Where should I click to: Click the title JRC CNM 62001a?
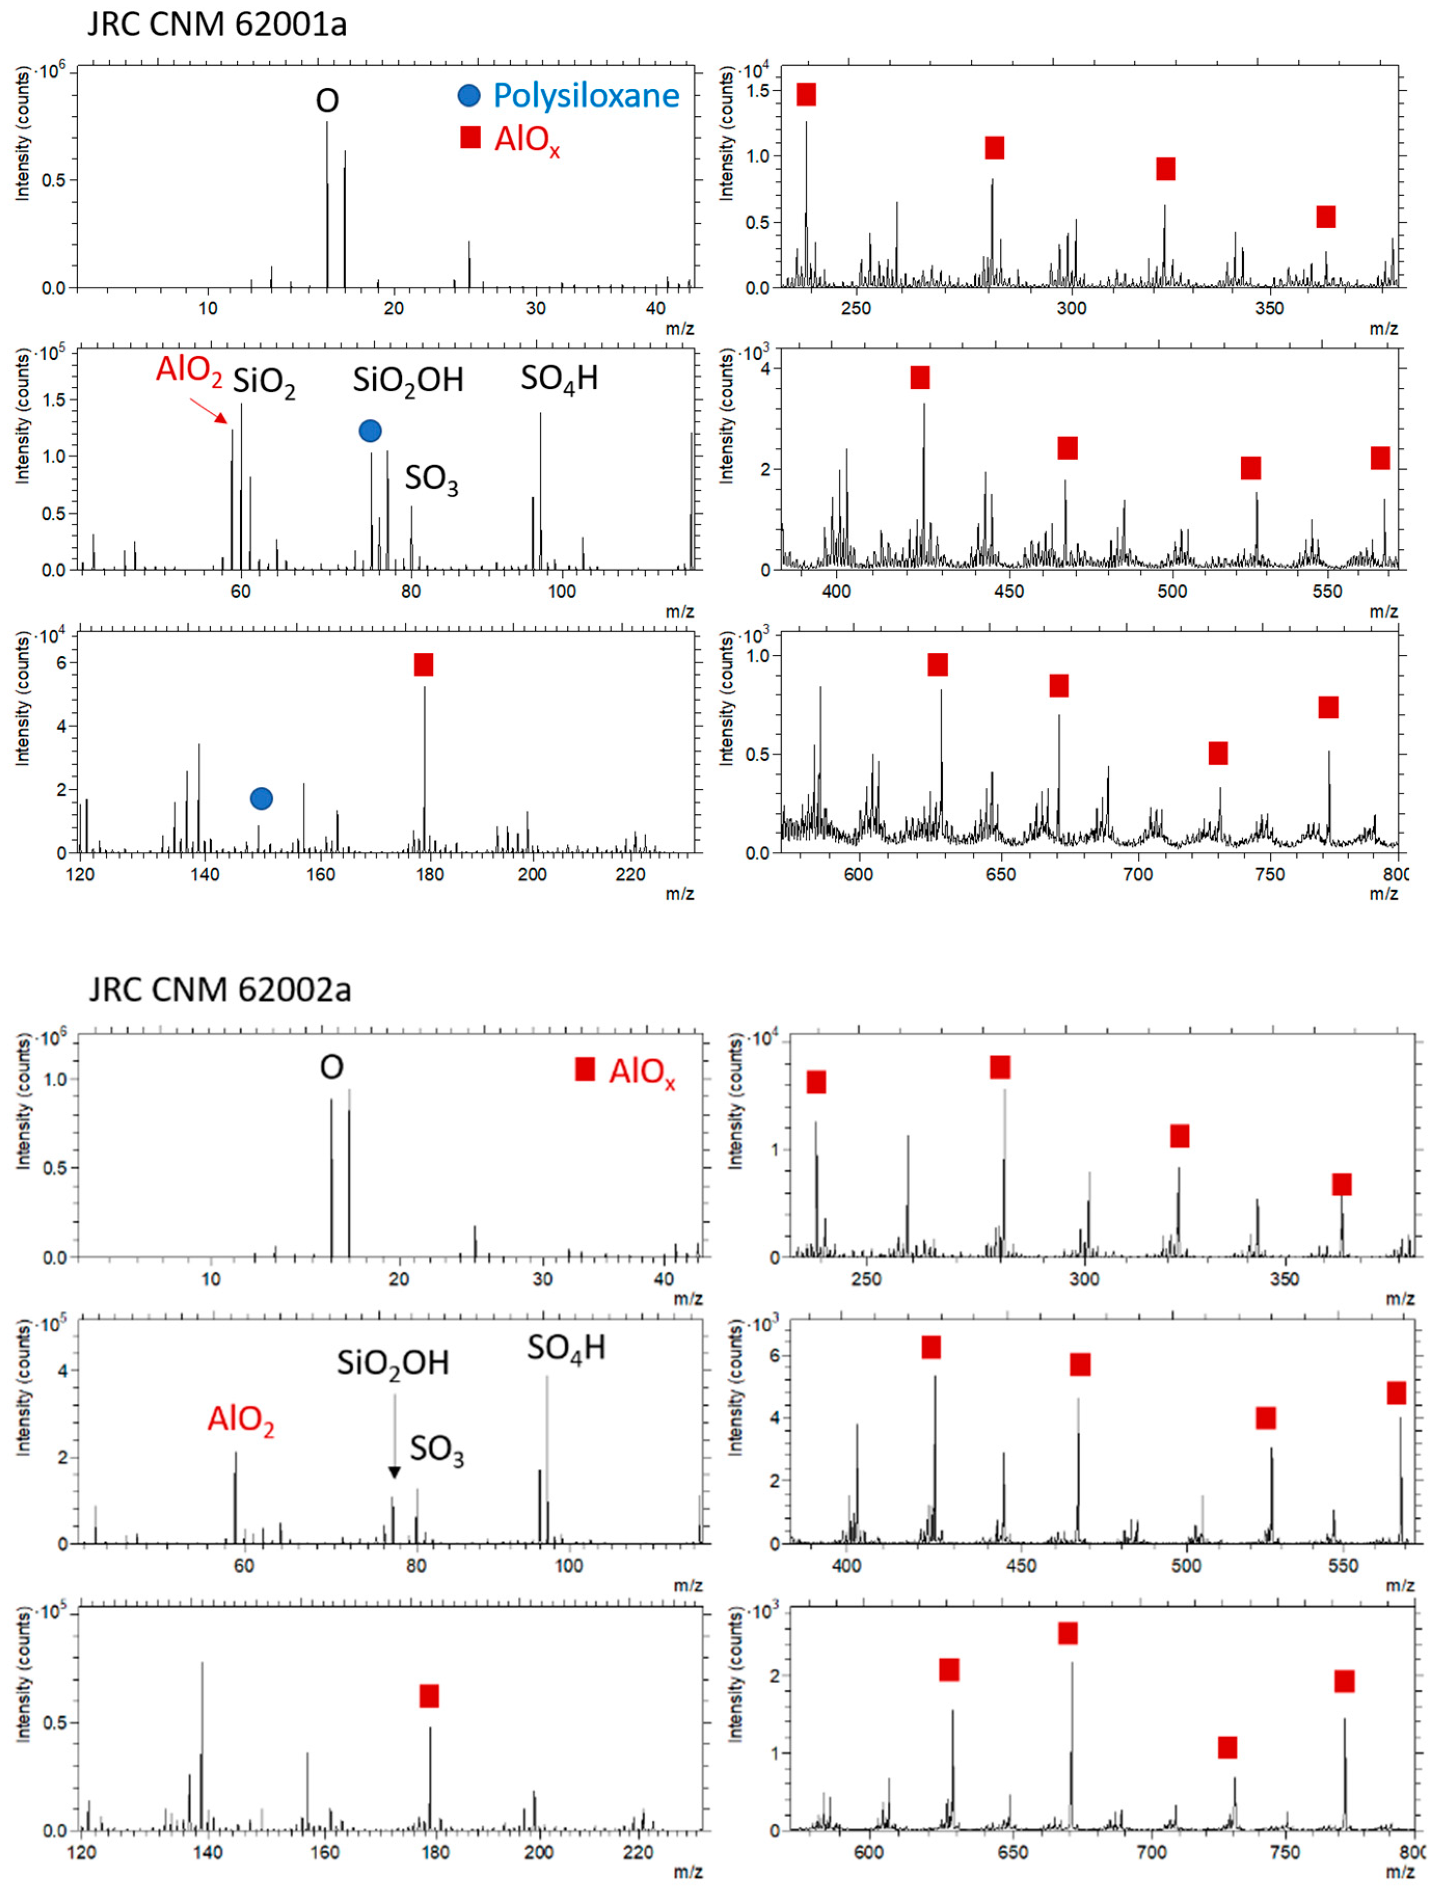point(218,23)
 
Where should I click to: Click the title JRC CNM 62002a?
point(220,989)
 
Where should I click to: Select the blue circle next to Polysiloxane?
point(469,95)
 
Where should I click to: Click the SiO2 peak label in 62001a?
point(264,382)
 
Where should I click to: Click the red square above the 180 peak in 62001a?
point(424,665)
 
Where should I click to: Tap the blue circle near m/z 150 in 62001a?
point(262,798)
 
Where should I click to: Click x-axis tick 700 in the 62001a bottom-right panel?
point(1138,874)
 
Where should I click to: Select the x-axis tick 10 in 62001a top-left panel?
point(208,308)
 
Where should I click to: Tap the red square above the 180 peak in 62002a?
point(429,1695)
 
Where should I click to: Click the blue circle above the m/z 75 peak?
point(370,431)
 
